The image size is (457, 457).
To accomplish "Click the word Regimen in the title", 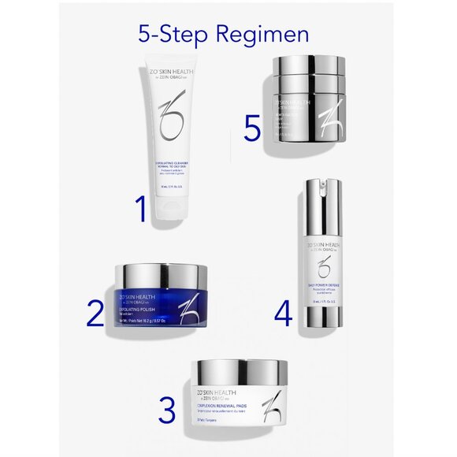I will tap(264, 35).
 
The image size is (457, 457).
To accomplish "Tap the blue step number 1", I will tap(140, 210).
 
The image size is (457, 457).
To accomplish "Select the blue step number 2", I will tap(95, 312).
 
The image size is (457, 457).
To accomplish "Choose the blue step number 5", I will tap(251, 128).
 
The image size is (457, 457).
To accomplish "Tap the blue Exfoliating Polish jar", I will tap(161, 303).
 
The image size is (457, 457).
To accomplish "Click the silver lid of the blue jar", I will tap(161, 274).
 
